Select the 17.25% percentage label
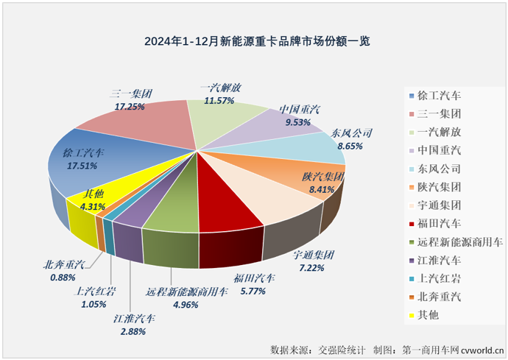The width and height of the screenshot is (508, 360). coord(129,107)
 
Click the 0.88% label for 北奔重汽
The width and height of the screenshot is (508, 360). coord(63,278)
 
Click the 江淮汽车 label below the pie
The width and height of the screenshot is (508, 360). coord(135,320)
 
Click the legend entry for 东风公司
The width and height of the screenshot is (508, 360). coord(440,168)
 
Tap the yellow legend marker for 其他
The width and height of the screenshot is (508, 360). coord(409,315)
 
